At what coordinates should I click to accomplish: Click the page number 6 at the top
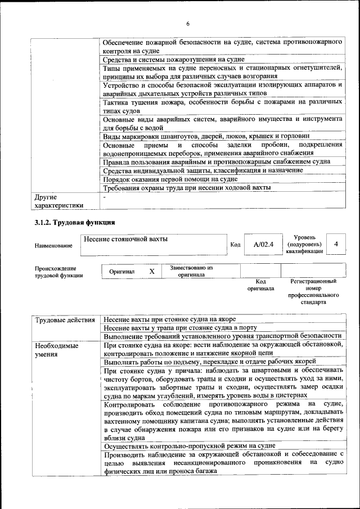point(188,23)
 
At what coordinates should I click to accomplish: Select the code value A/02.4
point(263,244)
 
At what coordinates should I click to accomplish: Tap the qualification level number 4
point(336,244)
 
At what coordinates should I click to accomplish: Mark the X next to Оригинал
point(152,271)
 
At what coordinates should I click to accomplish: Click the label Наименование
point(53,246)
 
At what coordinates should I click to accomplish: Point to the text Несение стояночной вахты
point(125,239)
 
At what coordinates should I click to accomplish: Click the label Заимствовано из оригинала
point(191,271)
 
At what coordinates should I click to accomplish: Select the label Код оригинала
point(260,285)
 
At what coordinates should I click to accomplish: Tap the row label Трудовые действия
point(65,320)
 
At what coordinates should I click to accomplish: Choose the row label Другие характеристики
point(58,201)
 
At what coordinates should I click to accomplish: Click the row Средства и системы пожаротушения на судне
point(173,59)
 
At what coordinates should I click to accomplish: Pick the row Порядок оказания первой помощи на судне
point(170,179)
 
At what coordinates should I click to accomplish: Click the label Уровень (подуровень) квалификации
point(304,244)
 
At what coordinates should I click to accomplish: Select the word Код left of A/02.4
point(236,245)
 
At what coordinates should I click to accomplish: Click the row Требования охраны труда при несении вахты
point(187,187)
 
